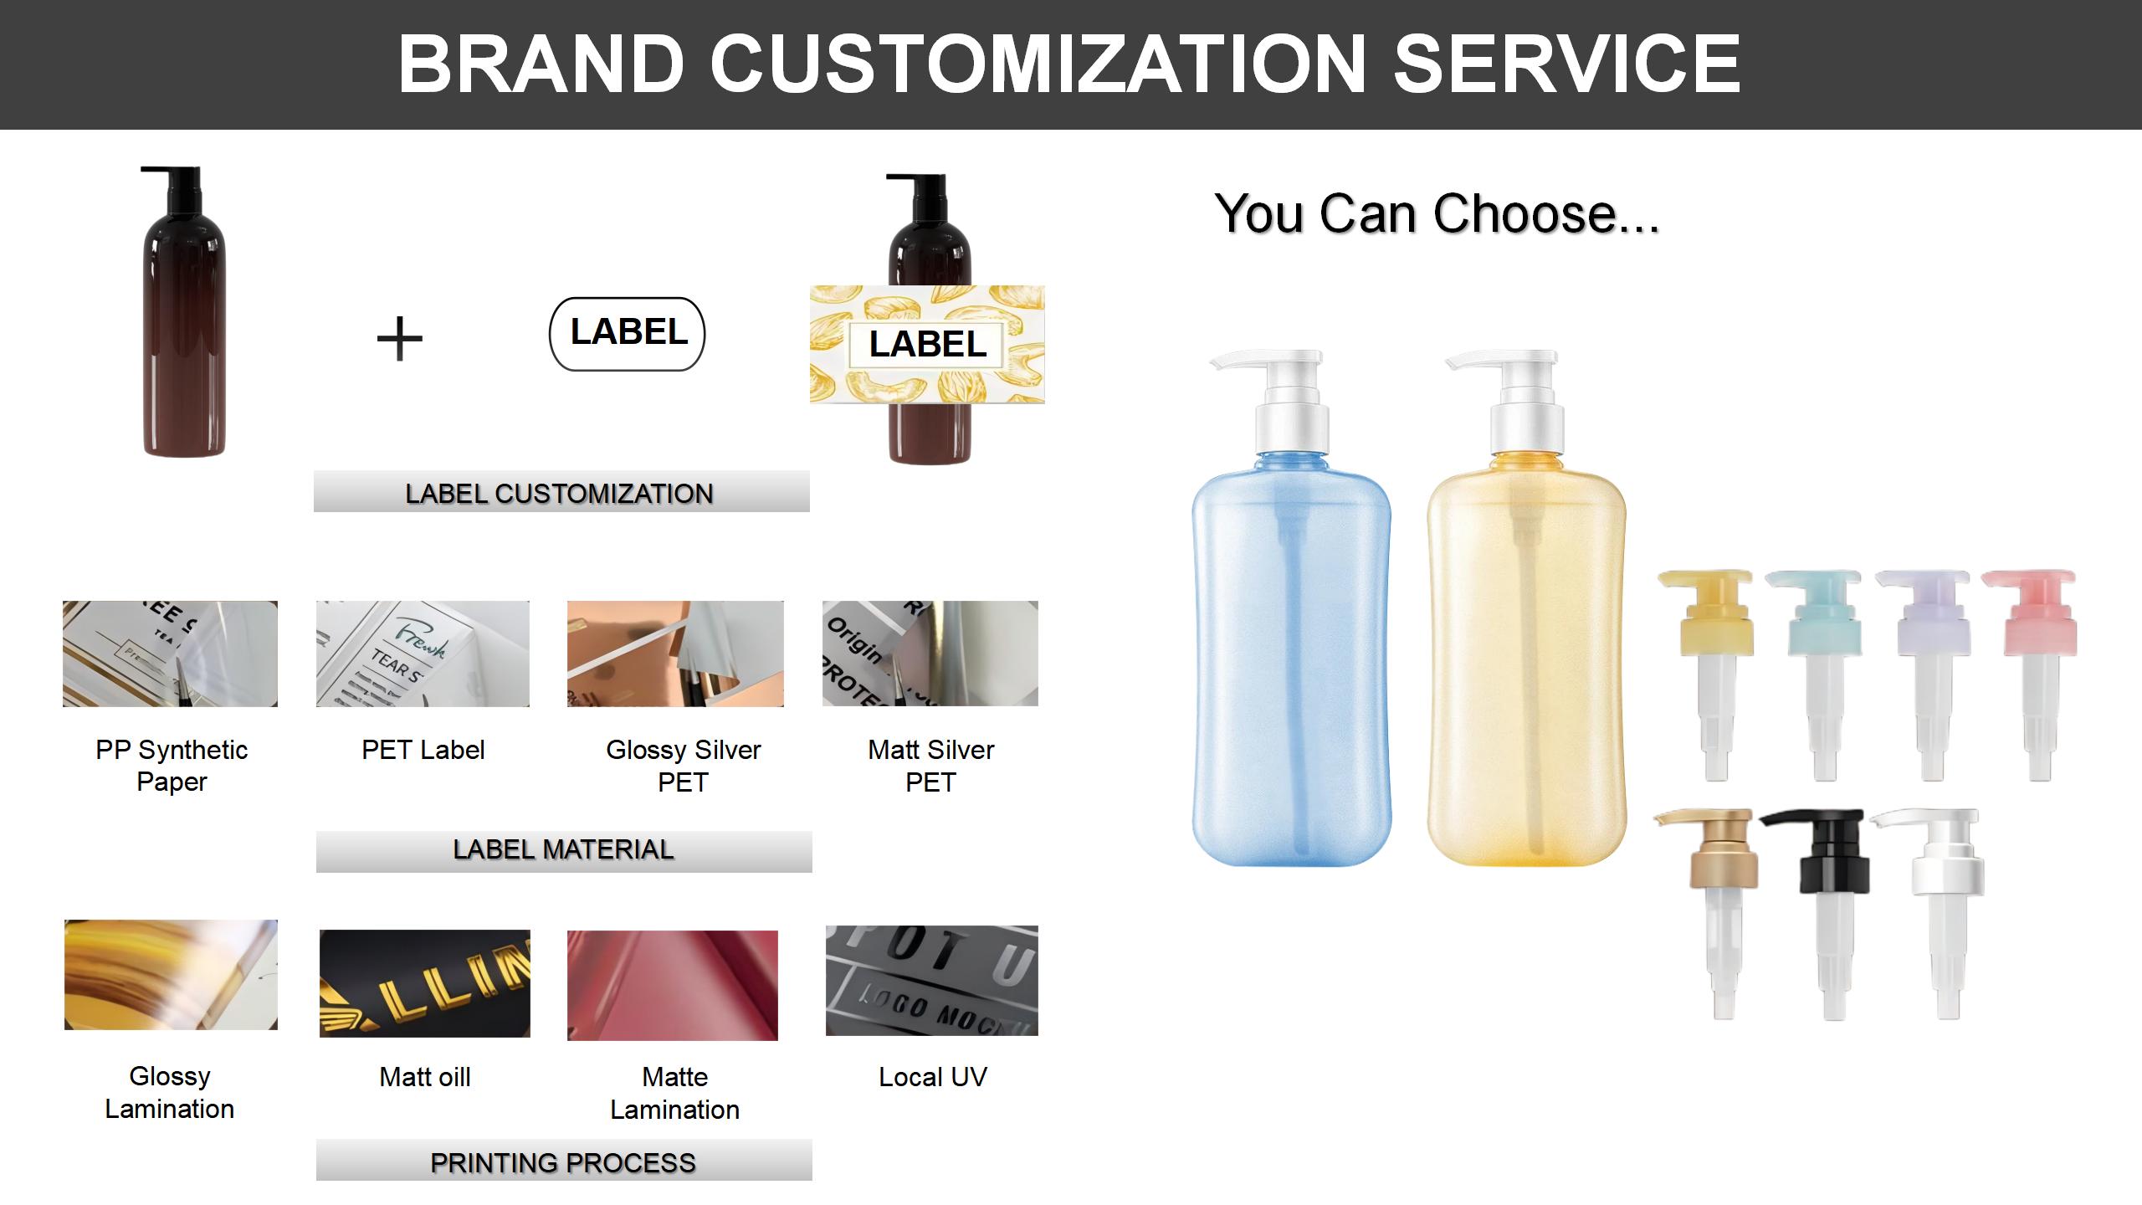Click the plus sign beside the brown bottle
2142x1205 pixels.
pos(400,339)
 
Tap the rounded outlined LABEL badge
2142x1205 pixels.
pos(628,334)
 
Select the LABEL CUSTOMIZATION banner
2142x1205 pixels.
pos(561,492)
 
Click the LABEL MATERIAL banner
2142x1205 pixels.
pos(563,851)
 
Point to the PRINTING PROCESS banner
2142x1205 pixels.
pos(563,1161)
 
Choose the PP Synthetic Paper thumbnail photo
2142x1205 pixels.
pos(170,654)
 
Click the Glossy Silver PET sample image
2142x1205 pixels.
pos(675,654)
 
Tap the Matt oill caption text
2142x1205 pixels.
pos(425,1077)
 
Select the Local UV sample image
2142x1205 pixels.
pos(931,981)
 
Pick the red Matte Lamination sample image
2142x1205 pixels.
pos(673,985)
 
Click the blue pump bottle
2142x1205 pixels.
pos(1291,653)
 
